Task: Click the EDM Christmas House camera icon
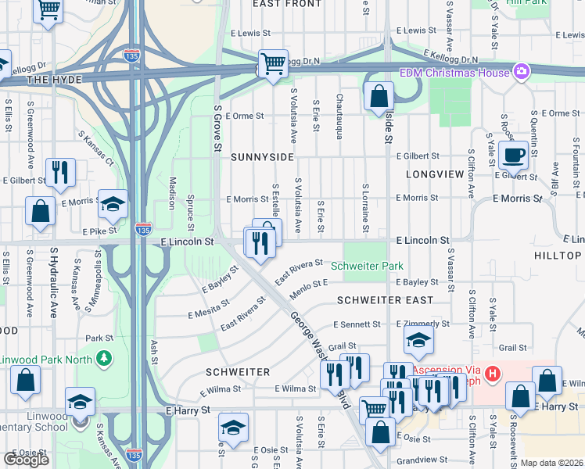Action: [x=521, y=73]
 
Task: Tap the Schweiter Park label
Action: [x=367, y=266]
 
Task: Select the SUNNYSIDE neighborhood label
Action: [x=262, y=156]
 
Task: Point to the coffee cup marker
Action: [x=514, y=154]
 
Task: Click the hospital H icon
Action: [x=492, y=374]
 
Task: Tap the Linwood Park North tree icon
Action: [x=103, y=358]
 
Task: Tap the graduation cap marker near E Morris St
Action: [x=113, y=205]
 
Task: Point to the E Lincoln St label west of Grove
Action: [x=187, y=242]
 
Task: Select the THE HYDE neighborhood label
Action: [x=48, y=80]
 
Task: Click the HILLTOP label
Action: [x=558, y=256]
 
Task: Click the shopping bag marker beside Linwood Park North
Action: [x=26, y=381]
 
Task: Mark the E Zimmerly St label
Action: [x=423, y=324]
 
